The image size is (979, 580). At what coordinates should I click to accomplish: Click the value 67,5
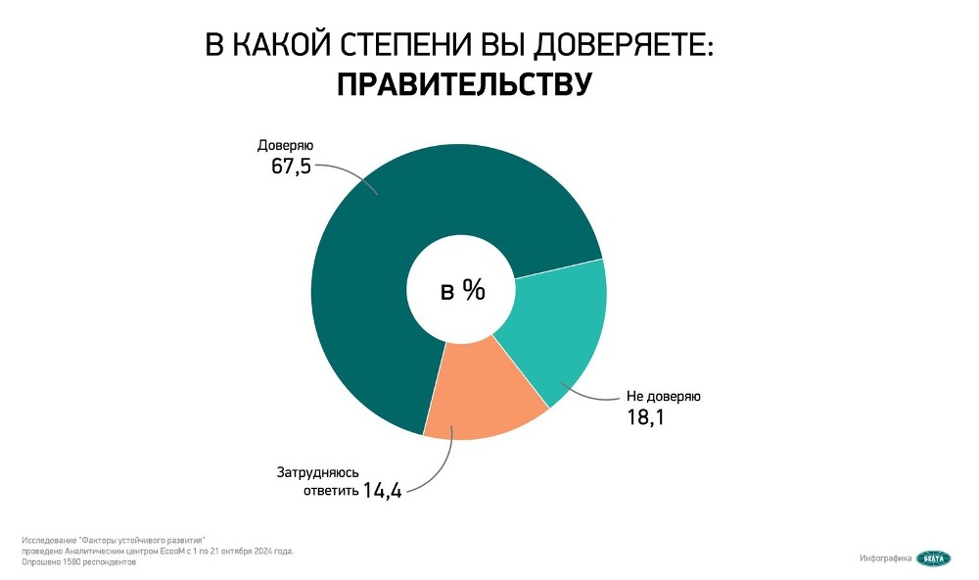click(x=292, y=166)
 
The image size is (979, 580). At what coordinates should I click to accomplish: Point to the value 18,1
click(x=646, y=417)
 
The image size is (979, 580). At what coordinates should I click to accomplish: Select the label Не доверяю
click(x=664, y=397)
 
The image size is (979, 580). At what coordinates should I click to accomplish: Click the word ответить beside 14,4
click(x=330, y=491)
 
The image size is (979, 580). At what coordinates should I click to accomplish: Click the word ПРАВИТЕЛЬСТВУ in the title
click(x=464, y=84)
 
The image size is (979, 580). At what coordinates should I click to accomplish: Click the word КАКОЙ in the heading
click(x=279, y=46)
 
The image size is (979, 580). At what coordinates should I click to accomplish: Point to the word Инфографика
click(x=886, y=558)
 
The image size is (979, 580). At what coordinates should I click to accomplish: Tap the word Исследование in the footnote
click(x=47, y=540)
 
